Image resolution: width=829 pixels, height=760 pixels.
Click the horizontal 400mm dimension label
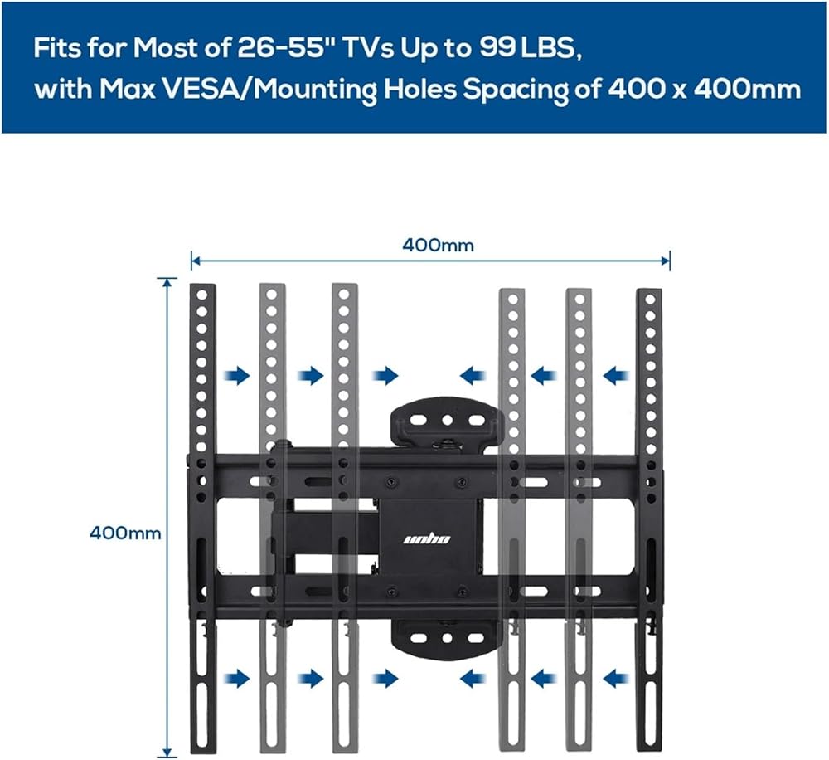tap(438, 245)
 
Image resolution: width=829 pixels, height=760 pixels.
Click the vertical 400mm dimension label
tap(125, 533)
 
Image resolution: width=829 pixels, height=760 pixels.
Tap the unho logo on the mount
tap(427, 538)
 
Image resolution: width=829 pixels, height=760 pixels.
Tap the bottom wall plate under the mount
tap(448, 638)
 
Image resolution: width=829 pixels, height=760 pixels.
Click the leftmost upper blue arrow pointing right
tap(238, 376)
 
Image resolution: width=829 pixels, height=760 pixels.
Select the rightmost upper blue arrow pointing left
tap(616, 377)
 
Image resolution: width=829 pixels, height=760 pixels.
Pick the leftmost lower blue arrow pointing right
tap(238, 678)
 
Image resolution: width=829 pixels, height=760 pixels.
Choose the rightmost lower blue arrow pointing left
tap(616, 678)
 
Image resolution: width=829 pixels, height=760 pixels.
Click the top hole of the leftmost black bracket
tap(202, 295)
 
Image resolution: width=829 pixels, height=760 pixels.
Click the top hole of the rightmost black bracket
tap(650, 300)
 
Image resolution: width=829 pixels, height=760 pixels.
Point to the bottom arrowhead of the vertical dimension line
tap(167, 752)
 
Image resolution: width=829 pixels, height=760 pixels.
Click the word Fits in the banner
tap(58, 48)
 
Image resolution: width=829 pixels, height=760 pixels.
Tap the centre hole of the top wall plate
tap(448, 421)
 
